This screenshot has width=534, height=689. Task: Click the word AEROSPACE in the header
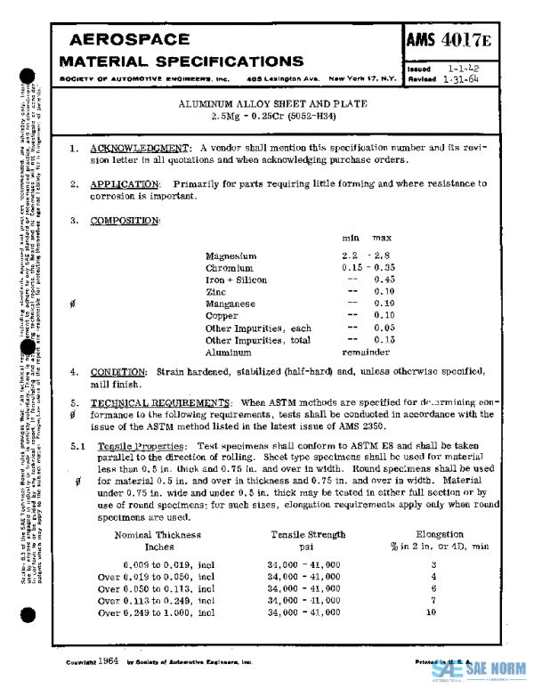129,40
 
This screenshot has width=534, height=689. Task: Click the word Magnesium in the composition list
231,255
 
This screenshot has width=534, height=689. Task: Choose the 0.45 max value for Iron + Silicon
384,280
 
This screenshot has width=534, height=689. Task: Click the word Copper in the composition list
222,316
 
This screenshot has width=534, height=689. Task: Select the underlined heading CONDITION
119,371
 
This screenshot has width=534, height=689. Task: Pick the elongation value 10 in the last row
433,612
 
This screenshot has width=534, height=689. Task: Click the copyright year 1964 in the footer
109,662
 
